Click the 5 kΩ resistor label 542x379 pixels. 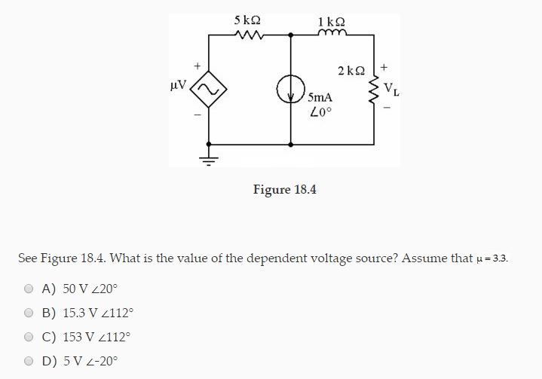click(x=248, y=19)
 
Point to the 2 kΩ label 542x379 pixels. click(x=352, y=71)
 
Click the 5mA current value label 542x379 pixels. click(x=319, y=98)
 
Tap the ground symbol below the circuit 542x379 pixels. click(x=208, y=158)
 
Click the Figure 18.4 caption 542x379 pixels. click(x=284, y=188)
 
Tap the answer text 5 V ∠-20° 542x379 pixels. click(x=81, y=361)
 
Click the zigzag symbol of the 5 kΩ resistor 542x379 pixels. click(x=248, y=33)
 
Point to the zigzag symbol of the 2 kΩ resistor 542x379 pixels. click(x=374, y=90)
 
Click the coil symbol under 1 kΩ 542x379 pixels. click(x=332, y=32)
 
